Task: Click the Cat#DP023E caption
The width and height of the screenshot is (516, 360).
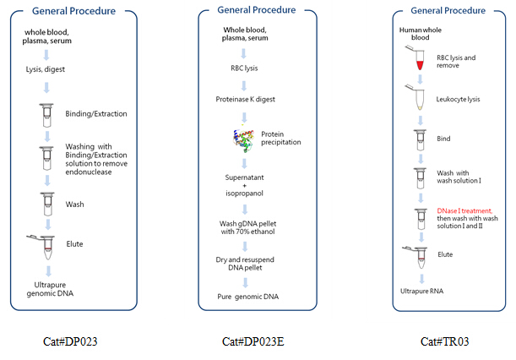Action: click(253, 341)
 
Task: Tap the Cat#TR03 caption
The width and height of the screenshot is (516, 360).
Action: click(444, 341)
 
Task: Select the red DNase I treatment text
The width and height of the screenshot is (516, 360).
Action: click(464, 210)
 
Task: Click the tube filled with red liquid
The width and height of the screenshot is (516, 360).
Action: click(416, 58)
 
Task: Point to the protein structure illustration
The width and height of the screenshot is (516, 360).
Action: click(243, 139)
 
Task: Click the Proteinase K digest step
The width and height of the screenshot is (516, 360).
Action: click(245, 99)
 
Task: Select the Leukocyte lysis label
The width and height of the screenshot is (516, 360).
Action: click(458, 99)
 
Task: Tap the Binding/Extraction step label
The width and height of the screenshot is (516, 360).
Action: click(96, 113)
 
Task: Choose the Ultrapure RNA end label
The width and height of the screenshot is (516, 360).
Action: click(421, 292)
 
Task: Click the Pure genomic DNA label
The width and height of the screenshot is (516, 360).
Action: click(247, 297)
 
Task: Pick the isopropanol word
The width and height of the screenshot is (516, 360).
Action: click(244, 194)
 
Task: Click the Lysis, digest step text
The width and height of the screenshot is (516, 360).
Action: click(46, 69)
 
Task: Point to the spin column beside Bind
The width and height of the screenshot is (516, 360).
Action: click(420, 140)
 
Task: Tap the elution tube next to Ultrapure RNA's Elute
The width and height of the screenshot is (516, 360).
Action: click(416, 257)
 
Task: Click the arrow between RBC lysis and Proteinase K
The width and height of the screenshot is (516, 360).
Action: click(244, 85)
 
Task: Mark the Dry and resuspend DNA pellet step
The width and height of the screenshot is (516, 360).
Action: click(245, 264)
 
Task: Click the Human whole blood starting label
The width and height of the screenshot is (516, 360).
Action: click(421, 34)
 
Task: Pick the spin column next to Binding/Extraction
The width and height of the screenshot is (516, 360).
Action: click(46, 115)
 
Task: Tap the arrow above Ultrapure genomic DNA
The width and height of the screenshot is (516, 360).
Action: click(48, 271)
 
